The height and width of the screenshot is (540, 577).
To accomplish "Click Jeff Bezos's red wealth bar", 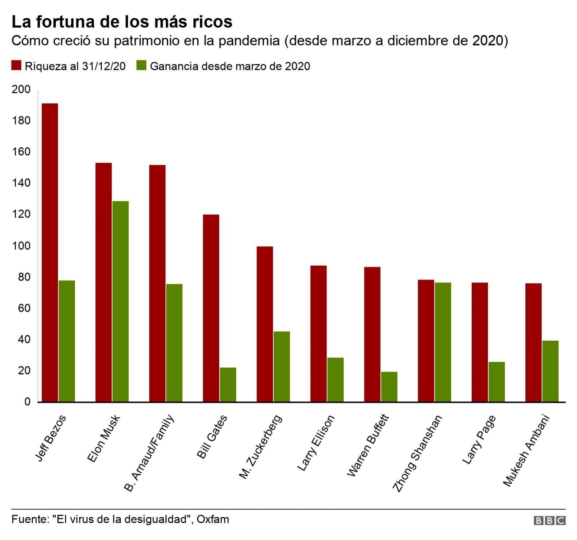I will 50,253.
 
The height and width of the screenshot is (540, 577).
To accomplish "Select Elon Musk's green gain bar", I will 120,301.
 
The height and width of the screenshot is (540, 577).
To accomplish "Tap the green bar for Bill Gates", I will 228,385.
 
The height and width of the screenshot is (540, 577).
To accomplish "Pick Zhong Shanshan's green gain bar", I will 443,342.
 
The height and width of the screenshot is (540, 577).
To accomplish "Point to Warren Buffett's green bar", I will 389,387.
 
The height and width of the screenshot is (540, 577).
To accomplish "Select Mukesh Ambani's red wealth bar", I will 533,343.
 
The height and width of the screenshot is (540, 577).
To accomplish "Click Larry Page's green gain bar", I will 497,382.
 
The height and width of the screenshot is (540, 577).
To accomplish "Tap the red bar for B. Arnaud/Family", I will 157,283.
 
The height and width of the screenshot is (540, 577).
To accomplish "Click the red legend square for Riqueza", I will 17,66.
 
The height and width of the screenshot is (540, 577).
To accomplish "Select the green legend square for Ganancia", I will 142,66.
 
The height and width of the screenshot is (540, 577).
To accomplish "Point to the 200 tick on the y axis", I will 21,89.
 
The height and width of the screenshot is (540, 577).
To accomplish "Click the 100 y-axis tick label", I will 21,246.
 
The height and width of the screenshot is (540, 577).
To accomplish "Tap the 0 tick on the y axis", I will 27,402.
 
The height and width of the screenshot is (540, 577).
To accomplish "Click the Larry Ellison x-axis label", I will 316,443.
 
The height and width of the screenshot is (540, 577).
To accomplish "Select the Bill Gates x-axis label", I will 212,437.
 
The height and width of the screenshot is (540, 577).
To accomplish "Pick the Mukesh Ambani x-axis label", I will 526,451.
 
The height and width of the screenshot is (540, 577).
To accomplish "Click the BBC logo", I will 550,520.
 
